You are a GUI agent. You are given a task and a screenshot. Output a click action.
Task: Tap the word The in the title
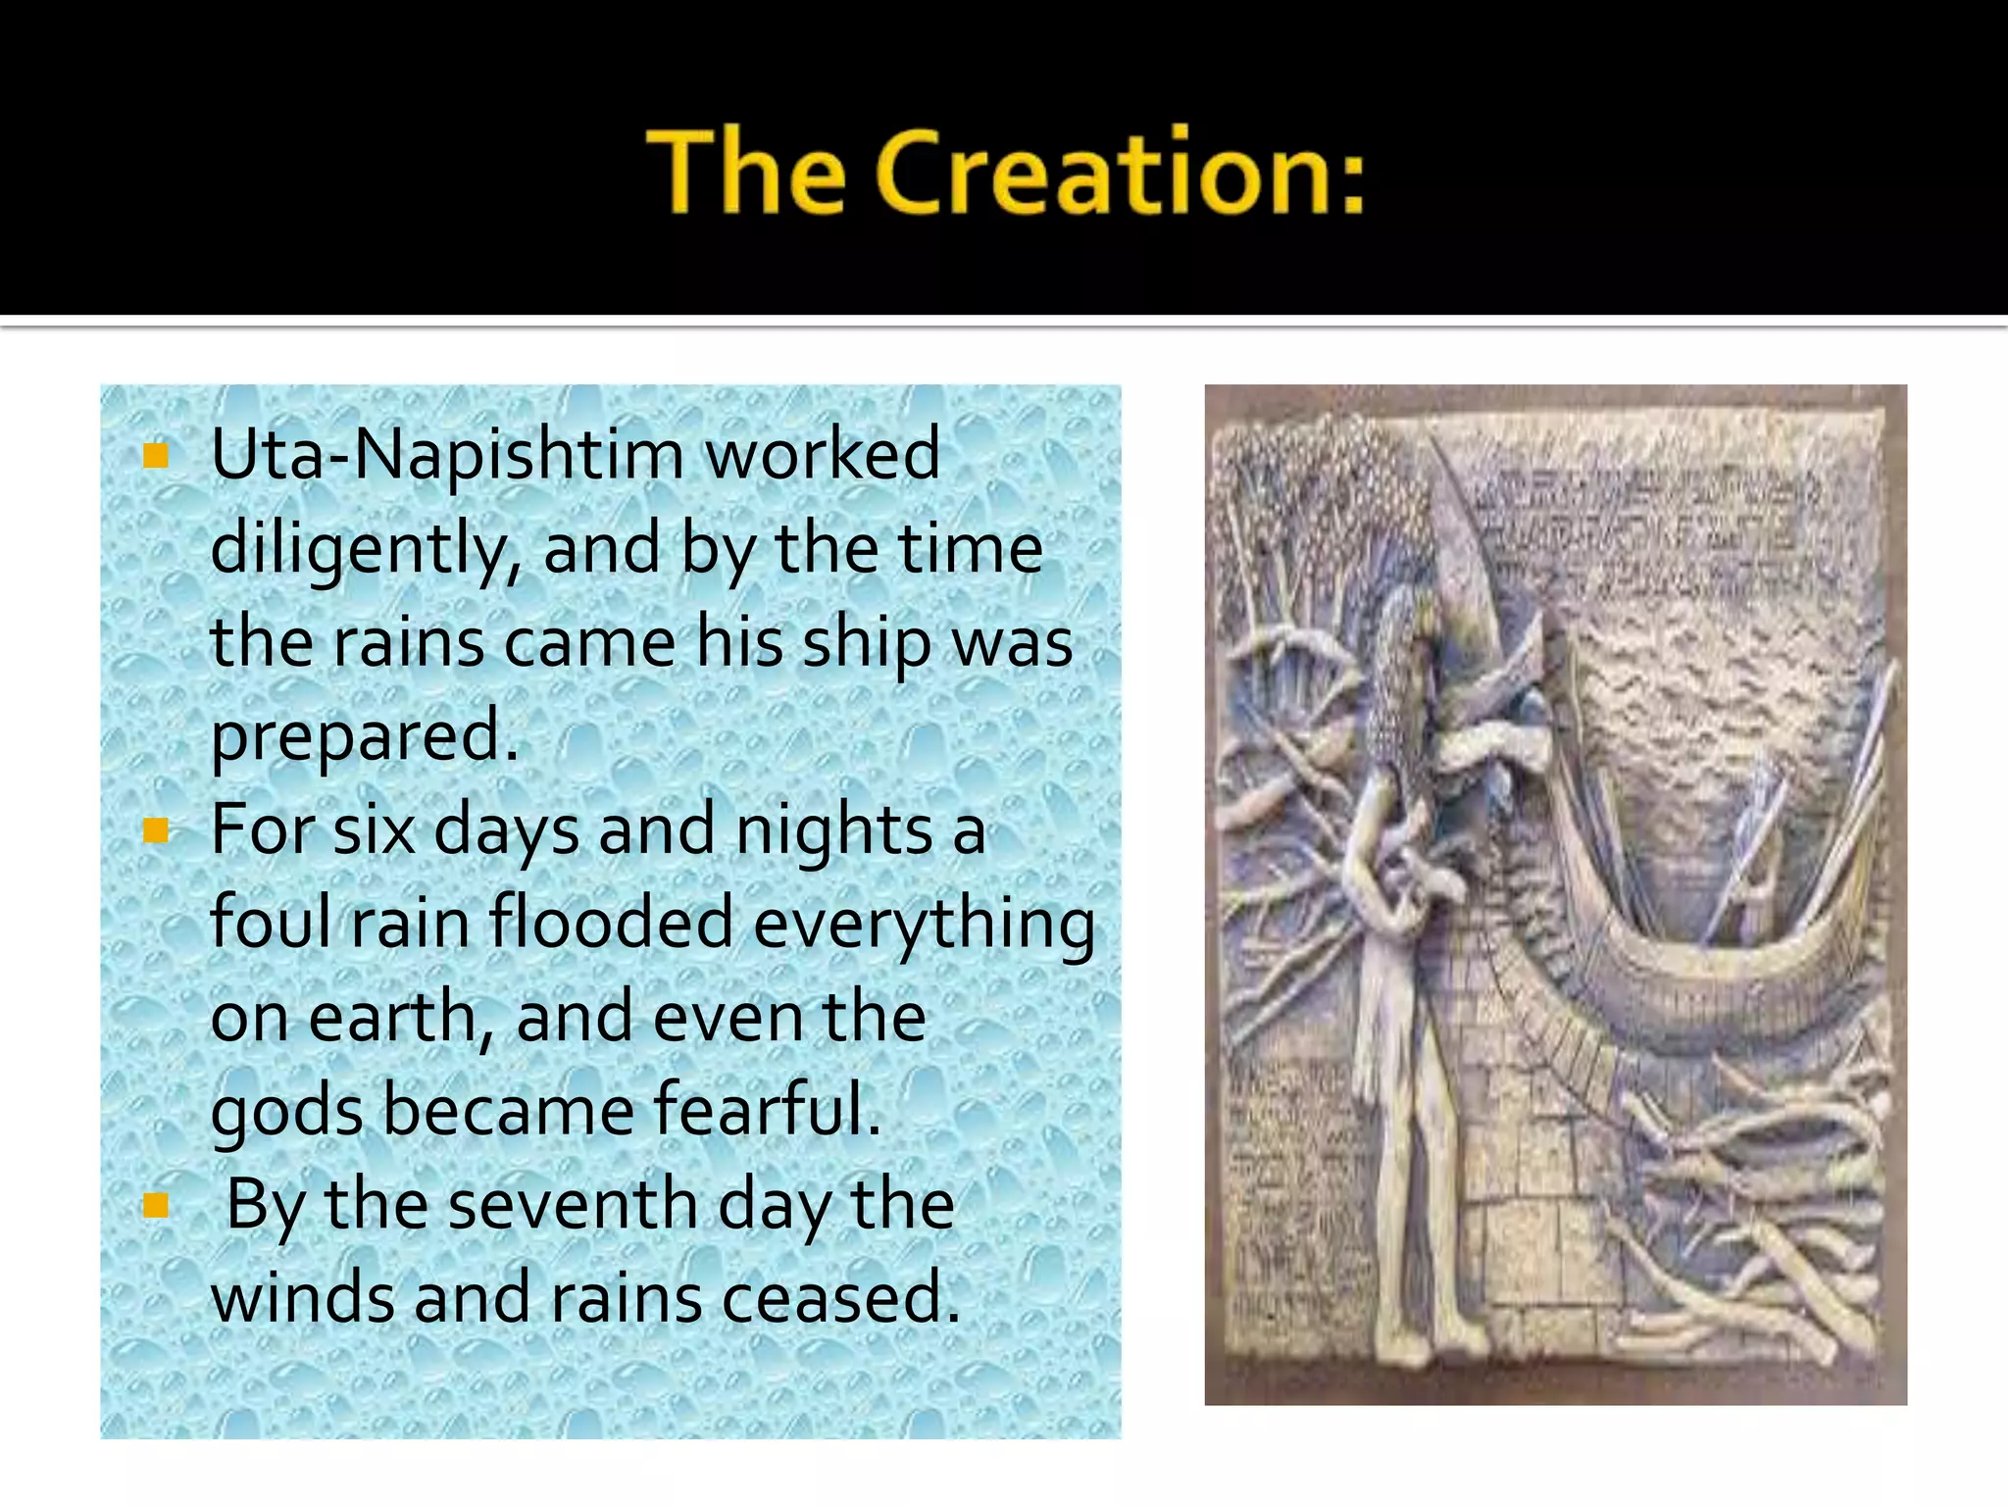point(745,172)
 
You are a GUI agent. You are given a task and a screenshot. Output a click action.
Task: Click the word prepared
point(363,735)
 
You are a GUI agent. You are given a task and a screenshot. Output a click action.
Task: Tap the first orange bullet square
point(156,455)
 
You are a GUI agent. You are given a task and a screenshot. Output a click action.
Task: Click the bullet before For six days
point(156,831)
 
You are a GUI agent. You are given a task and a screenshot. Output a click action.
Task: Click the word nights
point(833,831)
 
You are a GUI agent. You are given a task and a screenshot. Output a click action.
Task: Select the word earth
point(392,1018)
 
